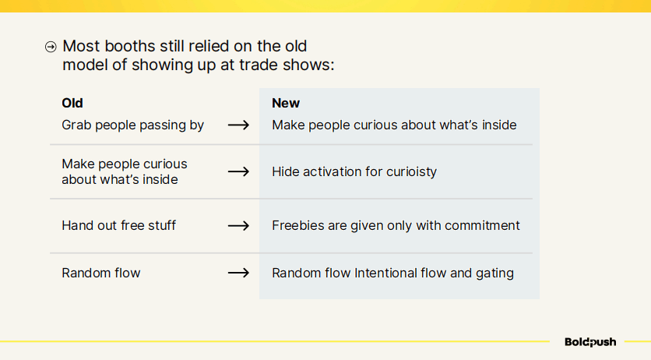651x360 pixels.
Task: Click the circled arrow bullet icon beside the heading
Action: coord(51,47)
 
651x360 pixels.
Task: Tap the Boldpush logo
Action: coord(590,342)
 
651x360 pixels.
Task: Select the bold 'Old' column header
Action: coord(72,103)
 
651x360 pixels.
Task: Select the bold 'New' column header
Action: coord(286,103)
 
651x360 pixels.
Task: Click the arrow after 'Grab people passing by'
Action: coord(238,125)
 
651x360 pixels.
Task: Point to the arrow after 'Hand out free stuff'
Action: coord(238,225)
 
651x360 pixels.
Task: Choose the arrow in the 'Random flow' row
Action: coord(238,273)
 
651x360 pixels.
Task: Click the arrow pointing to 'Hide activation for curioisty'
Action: coord(238,171)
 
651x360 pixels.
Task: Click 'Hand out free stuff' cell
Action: coord(118,225)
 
